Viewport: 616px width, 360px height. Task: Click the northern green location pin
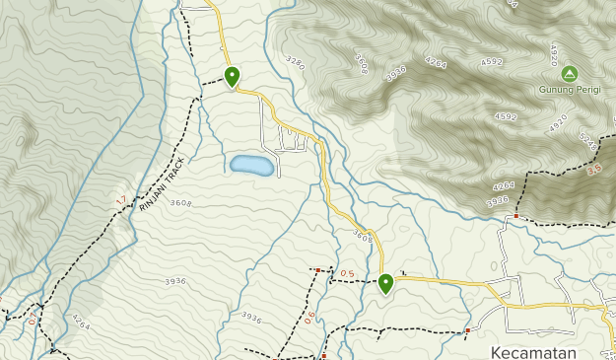pos(232,76)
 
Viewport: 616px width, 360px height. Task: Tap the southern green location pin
pos(385,283)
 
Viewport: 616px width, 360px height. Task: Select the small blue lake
pos(252,165)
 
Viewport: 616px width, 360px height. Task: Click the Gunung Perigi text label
pos(569,89)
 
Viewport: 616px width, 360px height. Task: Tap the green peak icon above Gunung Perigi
pos(569,73)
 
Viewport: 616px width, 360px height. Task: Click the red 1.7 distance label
pos(120,201)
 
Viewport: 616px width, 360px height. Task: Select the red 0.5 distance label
pos(347,273)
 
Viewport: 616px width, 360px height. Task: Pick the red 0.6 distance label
pos(309,316)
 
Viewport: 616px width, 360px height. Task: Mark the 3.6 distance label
pos(593,170)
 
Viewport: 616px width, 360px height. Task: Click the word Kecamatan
pos(532,351)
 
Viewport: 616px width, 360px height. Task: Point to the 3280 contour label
pos(294,63)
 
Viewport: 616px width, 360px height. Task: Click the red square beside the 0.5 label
pos(318,269)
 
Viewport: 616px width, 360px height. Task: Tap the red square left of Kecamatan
pos(467,330)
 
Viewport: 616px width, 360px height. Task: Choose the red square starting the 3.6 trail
pos(515,216)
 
